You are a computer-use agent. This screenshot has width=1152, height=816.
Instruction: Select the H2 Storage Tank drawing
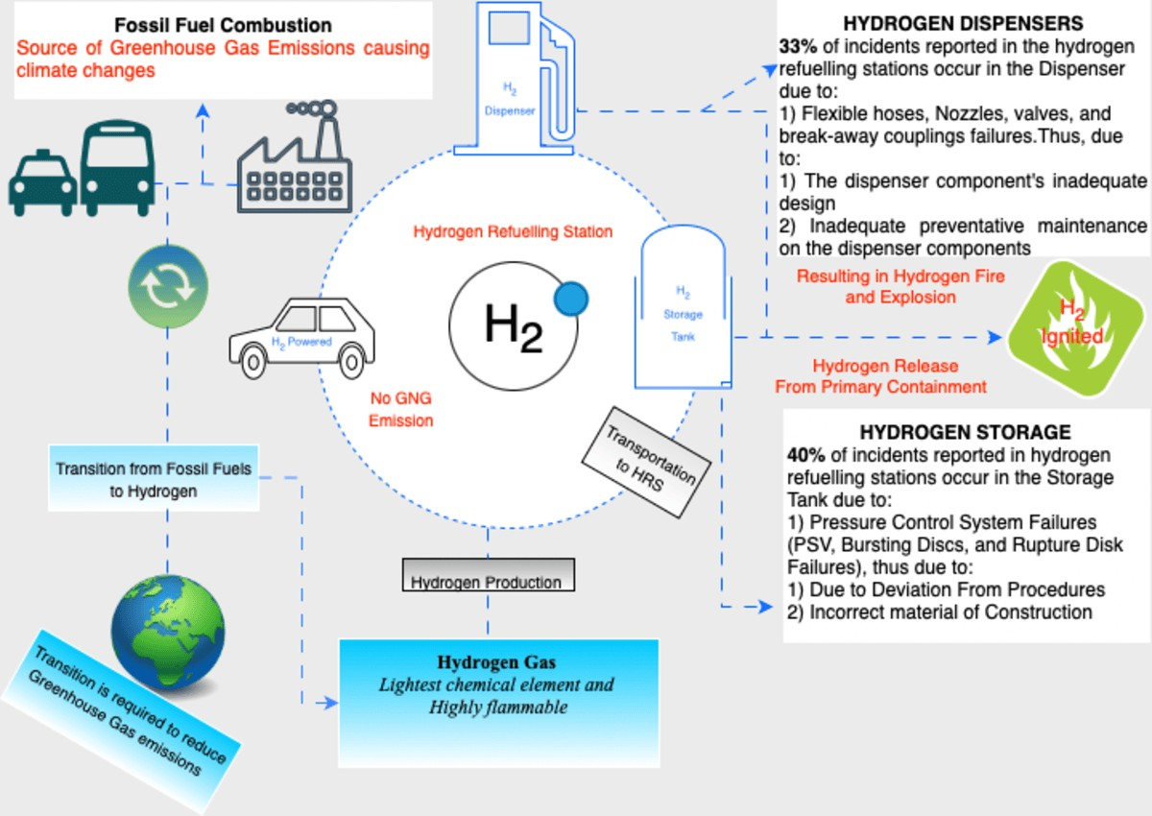tap(683, 307)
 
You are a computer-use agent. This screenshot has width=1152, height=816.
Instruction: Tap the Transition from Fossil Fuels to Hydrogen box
tap(154, 479)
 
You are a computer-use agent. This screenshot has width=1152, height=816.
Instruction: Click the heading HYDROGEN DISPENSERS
tap(963, 22)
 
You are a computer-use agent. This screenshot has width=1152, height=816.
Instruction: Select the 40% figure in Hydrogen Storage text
tap(804, 454)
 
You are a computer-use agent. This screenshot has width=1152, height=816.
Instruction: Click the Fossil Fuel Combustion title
tap(223, 25)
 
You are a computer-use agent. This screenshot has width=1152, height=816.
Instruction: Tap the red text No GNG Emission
tap(401, 410)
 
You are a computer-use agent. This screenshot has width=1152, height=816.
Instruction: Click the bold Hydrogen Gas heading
tap(497, 662)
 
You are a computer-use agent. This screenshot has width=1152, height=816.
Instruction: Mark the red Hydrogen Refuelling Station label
tap(513, 232)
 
